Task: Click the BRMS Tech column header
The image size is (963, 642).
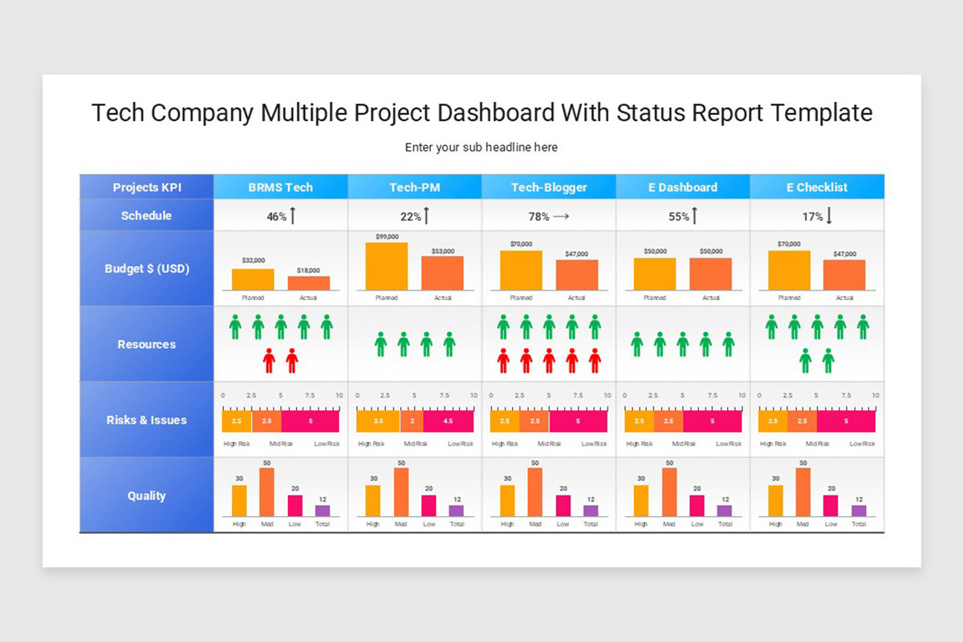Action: (x=280, y=187)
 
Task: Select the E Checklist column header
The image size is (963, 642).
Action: (x=816, y=187)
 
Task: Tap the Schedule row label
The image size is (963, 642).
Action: (x=146, y=215)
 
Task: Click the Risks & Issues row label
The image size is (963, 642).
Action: (x=146, y=420)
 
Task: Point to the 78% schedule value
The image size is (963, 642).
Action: (x=538, y=216)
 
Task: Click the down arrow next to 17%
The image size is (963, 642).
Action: (x=829, y=216)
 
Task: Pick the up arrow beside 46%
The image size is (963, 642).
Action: (x=293, y=216)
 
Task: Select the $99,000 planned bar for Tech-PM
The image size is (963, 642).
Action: (x=387, y=266)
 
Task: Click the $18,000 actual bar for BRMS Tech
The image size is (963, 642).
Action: (x=309, y=283)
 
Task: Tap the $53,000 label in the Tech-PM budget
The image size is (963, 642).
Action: (x=443, y=251)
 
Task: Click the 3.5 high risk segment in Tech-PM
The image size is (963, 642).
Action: (x=378, y=421)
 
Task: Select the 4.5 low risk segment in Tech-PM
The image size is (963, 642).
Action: (x=449, y=421)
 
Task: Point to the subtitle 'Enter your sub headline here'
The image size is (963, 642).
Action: (x=481, y=148)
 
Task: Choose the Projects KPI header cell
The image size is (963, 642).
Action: (x=146, y=187)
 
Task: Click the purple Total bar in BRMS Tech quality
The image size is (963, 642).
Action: (x=323, y=510)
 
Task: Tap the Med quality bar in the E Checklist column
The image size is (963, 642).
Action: (x=802, y=492)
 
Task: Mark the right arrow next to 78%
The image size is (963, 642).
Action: (x=561, y=216)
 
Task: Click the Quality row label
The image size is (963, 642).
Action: (x=146, y=496)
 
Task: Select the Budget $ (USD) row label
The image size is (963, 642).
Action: (x=146, y=269)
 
